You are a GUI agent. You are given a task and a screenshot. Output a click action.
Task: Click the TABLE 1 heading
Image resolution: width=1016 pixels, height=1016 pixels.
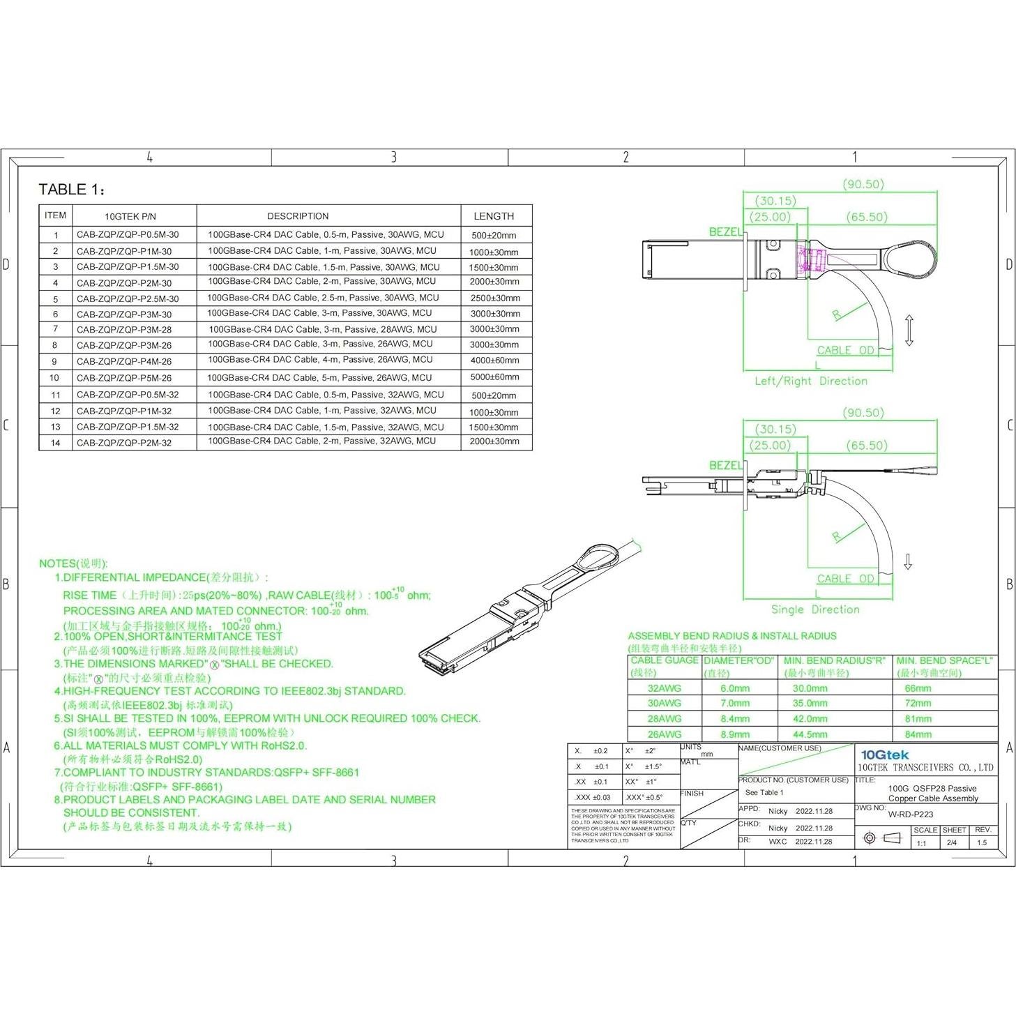point(71,190)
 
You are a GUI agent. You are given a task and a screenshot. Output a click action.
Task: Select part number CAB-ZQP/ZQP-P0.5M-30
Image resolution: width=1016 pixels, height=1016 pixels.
point(128,235)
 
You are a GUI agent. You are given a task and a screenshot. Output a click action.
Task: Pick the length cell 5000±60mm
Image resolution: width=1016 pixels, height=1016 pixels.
point(494,377)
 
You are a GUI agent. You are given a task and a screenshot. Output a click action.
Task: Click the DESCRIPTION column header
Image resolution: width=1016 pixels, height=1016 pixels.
point(298,216)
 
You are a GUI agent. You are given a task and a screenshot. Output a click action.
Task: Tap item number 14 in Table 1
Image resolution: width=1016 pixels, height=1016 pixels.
point(56,443)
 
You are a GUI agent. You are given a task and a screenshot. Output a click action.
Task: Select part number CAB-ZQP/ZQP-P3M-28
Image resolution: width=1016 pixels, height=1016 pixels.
point(124,330)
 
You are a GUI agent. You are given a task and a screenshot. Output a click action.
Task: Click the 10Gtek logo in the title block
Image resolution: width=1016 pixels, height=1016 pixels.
point(885,755)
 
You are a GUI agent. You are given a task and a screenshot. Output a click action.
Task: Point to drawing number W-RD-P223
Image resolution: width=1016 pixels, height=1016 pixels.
point(910,814)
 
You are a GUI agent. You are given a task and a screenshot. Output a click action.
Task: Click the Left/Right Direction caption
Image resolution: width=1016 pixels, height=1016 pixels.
point(811,381)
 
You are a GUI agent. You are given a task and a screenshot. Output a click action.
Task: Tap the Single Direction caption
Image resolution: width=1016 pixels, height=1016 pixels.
point(815,609)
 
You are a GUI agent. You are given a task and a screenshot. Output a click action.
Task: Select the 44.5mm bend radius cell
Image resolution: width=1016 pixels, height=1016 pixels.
point(810,734)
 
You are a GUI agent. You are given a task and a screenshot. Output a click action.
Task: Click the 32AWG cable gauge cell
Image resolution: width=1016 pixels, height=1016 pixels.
point(664,688)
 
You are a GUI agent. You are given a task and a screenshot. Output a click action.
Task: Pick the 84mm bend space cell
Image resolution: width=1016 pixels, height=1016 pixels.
point(918,734)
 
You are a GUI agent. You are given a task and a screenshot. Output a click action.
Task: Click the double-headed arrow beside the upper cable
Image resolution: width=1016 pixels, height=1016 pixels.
point(909,331)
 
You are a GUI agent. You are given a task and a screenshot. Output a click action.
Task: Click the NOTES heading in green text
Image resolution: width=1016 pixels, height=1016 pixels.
point(73,563)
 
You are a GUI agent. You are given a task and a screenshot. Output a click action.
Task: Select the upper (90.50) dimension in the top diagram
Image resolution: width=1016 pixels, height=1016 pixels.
point(863,184)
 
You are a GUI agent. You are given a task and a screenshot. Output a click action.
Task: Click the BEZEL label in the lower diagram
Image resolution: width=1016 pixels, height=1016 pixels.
point(726,465)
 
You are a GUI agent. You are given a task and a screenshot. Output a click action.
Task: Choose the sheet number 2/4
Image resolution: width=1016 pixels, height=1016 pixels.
point(952,842)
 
